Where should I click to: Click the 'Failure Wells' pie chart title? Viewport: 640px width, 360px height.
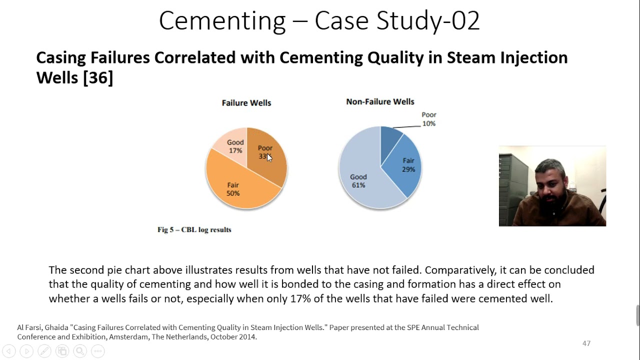246,103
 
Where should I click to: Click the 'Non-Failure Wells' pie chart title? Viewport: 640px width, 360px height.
380,101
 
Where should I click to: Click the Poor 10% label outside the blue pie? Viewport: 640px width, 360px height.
428,119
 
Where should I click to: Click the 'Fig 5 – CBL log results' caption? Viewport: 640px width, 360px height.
194,230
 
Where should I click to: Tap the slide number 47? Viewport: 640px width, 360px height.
586,343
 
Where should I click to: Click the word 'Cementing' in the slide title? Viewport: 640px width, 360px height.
221,21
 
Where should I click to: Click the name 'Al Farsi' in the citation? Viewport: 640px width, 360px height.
29,327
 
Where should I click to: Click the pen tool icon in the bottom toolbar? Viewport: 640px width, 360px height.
44,351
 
